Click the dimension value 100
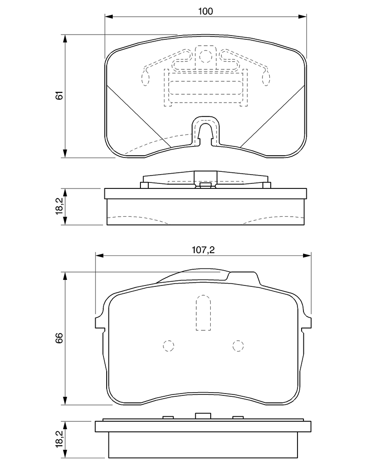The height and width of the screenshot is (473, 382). [205, 11]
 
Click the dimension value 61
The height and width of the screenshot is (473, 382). [60, 95]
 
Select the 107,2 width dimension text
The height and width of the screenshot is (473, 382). [203, 250]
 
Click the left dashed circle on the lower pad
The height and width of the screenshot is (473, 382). [169, 346]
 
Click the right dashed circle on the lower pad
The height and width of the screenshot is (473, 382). [238, 346]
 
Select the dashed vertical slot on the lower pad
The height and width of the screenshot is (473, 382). [203, 313]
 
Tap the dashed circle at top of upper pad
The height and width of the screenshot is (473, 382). [206, 56]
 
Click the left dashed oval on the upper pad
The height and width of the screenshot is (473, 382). [146, 78]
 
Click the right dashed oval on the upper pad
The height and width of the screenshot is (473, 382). [266, 78]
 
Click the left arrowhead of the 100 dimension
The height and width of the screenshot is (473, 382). [109, 16]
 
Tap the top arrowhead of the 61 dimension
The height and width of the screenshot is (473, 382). [65, 39]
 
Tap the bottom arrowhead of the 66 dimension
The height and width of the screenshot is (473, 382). [65, 400]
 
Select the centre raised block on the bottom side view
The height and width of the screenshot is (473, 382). [203, 416]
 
